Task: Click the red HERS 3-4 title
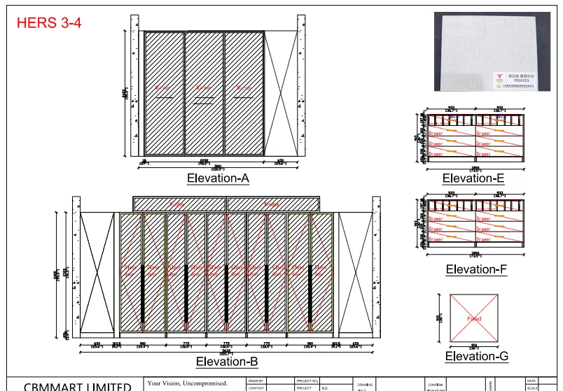[49, 22]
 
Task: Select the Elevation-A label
[218, 178]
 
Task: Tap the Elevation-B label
[227, 362]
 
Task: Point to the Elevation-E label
[473, 178]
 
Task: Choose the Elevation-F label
[476, 269]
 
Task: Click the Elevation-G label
[477, 356]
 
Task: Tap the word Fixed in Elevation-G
[474, 319]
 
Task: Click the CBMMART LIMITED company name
[77, 385]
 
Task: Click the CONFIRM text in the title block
[436, 385]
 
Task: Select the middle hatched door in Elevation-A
[204, 92]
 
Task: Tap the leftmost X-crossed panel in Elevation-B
[96, 271]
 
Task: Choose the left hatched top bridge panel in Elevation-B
[179, 204]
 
